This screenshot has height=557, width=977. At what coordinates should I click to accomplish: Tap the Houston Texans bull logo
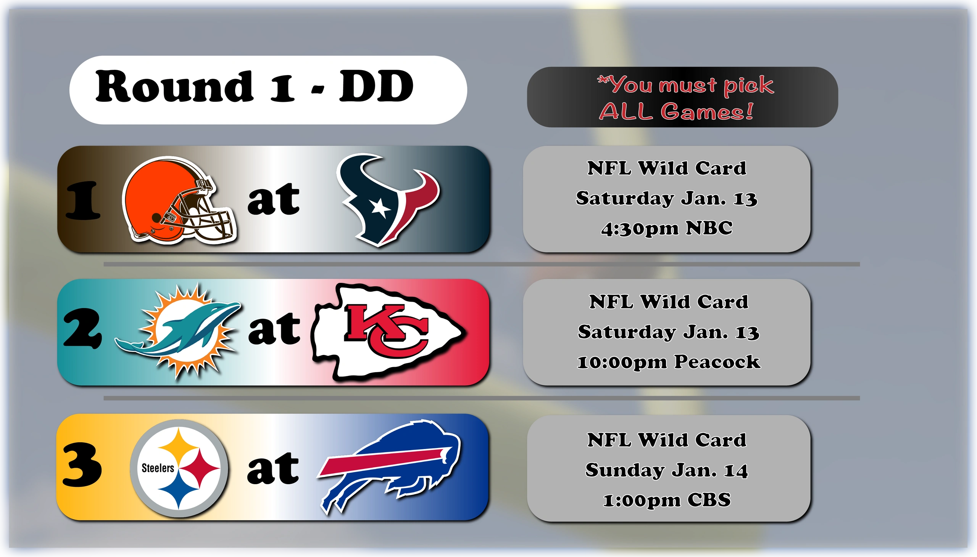coord(387,200)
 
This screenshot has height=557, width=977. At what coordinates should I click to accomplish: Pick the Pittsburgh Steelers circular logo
coord(179,468)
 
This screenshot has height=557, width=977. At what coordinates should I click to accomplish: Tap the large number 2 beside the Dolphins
coord(83,328)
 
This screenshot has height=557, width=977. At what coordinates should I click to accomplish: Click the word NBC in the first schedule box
coord(709,228)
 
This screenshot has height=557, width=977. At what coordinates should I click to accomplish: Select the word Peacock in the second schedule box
coord(717,361)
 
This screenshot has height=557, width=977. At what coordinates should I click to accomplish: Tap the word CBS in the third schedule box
coord(709,500)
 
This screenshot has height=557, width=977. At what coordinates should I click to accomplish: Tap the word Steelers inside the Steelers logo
coord(158,468)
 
